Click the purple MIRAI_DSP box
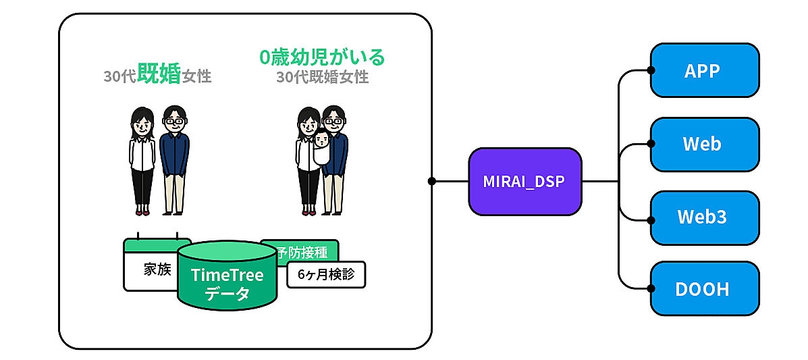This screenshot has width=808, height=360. click(525, 182)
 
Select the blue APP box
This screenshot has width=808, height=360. click(705, 70)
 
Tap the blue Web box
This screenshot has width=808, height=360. click(705, 144)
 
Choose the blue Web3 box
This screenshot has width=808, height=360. click(705, 217)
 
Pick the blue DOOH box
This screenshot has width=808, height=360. click(705, 289)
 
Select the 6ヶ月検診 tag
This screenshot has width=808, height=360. click(326, 275)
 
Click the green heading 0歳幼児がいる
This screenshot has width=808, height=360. click(322, 57)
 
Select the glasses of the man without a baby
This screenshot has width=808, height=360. click(174, 122)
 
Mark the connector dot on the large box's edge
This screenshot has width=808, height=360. click(431, 181)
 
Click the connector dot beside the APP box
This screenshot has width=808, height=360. click(651, 70)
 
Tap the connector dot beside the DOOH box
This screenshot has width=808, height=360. click(651, 289)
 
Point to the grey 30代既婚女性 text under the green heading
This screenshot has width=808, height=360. click(322, 77)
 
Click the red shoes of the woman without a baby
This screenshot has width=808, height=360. click(142, 213)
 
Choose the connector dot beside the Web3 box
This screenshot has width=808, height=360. click(651, 220)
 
